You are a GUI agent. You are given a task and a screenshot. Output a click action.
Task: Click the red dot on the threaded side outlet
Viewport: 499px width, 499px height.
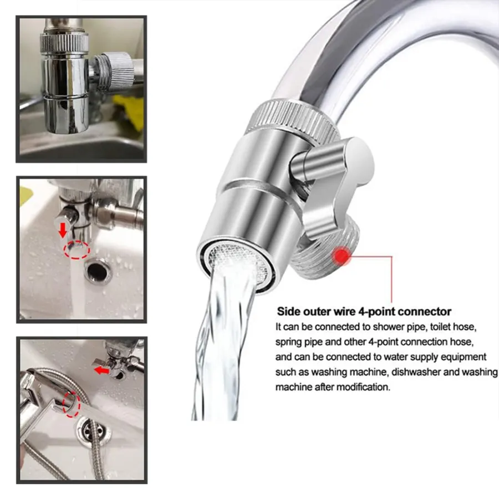tap(342, 256)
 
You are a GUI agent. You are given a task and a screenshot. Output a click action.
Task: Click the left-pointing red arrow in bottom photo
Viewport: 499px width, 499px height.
tap(102, 370)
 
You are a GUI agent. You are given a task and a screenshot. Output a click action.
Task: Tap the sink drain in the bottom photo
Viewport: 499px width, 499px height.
tap(93, 430)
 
